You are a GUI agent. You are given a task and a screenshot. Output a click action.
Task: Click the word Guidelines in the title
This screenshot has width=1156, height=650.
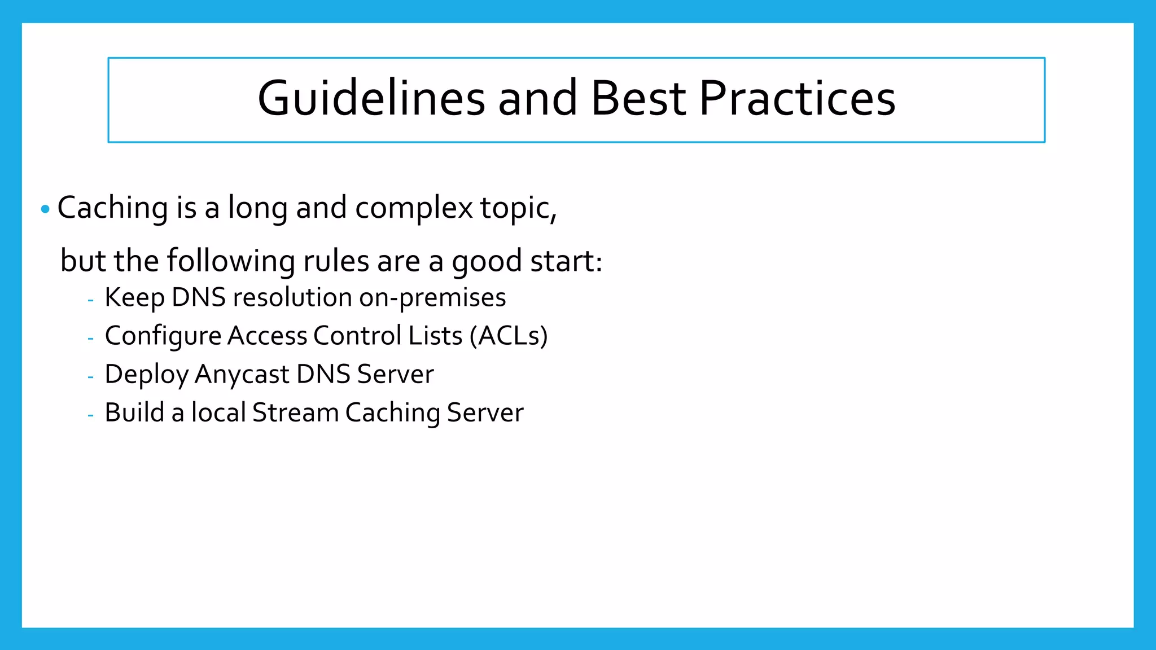pos(371,99)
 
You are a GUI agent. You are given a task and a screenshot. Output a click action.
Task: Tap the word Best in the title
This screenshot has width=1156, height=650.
pos(638,99)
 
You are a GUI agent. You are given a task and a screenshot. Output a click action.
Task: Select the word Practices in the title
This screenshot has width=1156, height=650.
pos(797,99)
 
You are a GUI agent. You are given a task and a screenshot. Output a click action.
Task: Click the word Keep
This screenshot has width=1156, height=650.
pos(134,298)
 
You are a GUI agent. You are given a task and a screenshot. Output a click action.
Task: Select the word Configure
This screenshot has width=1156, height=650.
pos(163,336)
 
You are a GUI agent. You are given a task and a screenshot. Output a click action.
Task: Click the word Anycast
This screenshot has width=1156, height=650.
pos(242,374)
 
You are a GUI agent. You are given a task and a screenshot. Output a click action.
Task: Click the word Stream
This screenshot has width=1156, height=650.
pos(295,412)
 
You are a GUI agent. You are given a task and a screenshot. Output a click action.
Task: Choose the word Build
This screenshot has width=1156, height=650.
pos(134,412)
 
